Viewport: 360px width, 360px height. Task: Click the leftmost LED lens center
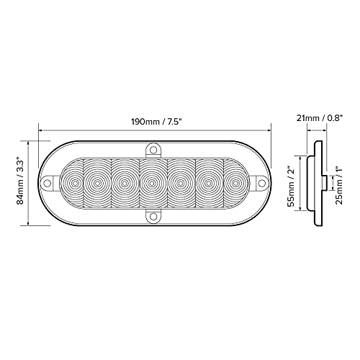[71, 184]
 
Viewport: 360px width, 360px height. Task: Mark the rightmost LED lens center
[234, 184]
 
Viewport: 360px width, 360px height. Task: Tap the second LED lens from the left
[96, 184]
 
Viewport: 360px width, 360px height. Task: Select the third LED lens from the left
[124, 184]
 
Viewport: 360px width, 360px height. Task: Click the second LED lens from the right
[209, 184]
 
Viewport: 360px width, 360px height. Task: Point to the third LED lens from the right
[180, 184]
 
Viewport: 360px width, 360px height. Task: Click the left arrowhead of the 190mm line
[42, 130]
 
